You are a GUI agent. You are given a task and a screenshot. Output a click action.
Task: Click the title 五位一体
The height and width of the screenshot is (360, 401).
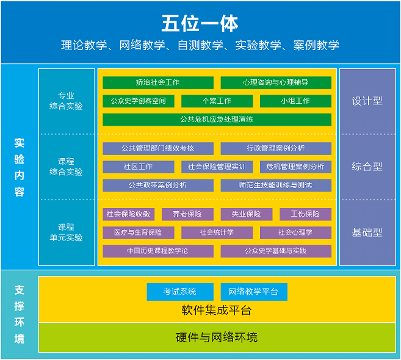point(200,23)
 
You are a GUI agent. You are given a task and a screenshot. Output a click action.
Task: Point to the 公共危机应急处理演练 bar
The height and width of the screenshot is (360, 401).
point(217,120)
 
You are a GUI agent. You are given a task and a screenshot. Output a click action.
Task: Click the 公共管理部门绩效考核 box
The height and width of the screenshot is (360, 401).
point(158,148)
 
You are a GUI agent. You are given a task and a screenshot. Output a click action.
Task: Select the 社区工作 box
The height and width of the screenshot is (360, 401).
point(139,167)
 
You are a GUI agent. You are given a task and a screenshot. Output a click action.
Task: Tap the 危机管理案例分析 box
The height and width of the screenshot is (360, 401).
point(295,167)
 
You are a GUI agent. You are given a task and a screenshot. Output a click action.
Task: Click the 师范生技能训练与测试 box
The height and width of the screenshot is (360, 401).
point(276,185)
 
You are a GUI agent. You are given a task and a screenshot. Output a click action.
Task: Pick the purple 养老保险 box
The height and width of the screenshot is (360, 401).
point(187,214)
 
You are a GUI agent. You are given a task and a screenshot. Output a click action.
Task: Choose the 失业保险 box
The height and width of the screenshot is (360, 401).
point(246,214)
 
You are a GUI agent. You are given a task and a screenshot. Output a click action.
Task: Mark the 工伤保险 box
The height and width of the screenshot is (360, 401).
point(305,214)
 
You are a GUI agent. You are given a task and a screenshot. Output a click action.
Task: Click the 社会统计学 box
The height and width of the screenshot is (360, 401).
point(217,232)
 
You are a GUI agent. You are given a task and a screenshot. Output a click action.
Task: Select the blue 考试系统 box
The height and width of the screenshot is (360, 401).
point(180,292)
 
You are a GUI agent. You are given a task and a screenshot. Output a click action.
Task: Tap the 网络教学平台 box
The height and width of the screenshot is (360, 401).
point(253,292)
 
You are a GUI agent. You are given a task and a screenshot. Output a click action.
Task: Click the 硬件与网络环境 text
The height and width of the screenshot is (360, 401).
point(217,337)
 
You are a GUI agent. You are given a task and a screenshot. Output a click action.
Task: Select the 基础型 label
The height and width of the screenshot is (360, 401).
point(367,232)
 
